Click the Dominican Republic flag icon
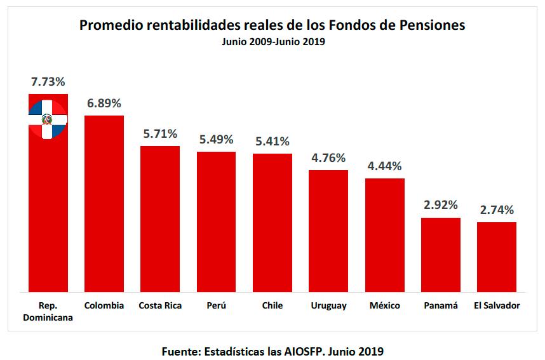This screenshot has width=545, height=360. point(48,119)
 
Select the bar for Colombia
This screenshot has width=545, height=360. point(104,203)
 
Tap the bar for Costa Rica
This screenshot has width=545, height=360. point(160,219)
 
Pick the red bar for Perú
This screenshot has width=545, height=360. point(216,222)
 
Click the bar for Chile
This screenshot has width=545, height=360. point(272,223)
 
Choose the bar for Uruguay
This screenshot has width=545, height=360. point(328,231)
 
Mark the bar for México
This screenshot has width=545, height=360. point(384,235)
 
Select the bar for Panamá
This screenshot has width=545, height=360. point(441,255)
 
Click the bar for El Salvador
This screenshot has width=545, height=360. point(497,257)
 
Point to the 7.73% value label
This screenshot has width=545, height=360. point(48,82)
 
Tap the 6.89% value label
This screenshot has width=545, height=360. point(104,103)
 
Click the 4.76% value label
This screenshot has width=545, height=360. point(328,158)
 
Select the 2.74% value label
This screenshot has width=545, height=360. point(497,210)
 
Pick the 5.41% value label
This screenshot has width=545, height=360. point(272,141)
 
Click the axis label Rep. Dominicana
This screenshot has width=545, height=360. point(48,311)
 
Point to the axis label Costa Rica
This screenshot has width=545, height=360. point(160,305)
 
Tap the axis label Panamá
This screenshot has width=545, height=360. point(441,305)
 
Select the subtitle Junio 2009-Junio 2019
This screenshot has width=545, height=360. point(273,42)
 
